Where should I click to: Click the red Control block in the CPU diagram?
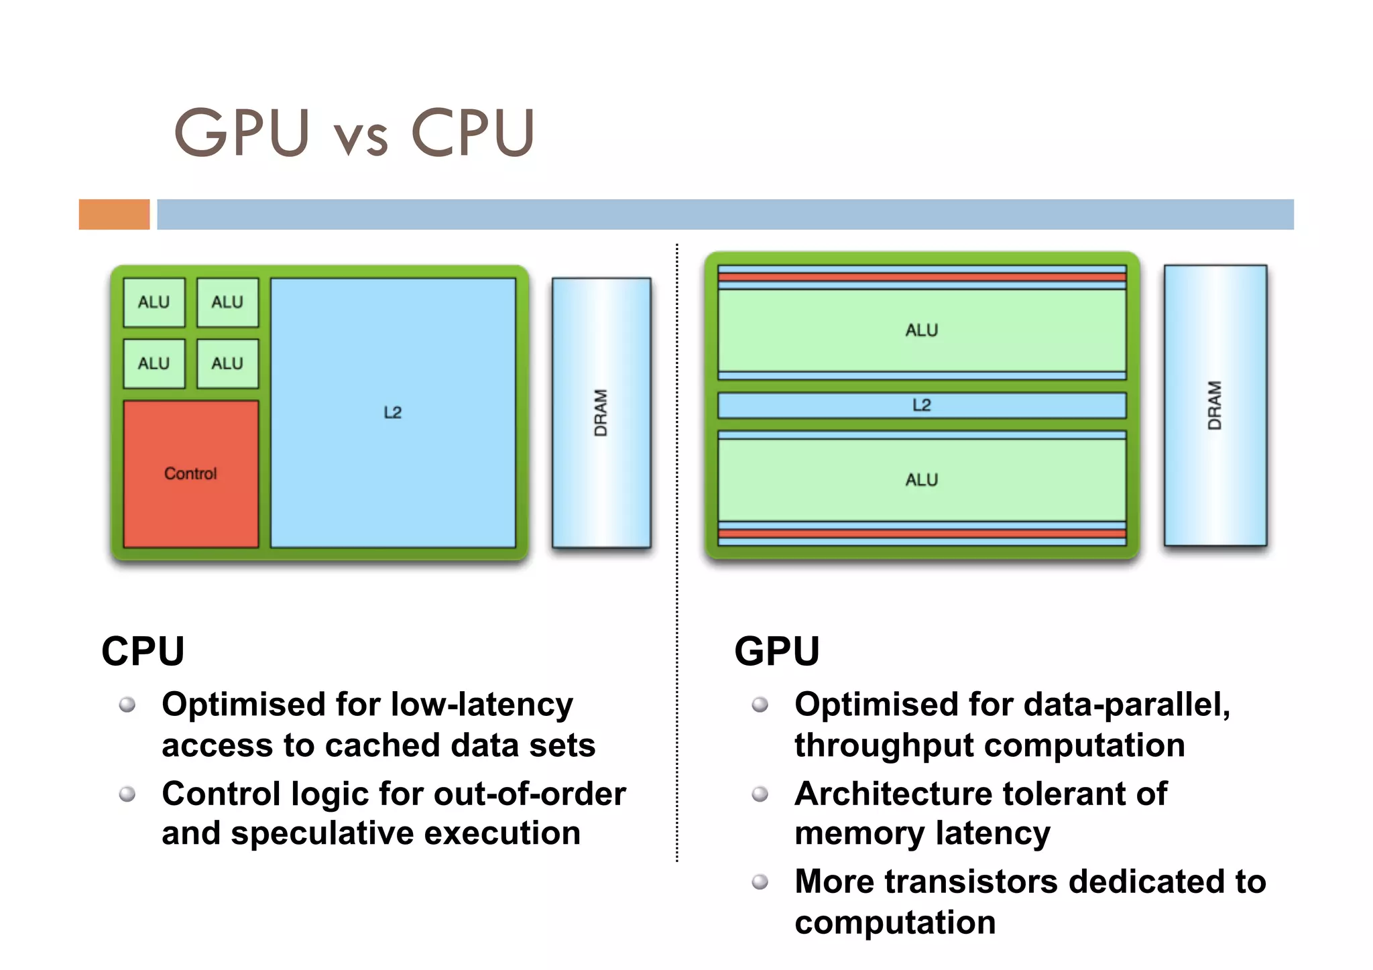pyautogui.click(x=191, y=473)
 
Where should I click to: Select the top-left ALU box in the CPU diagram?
pyautogui.click(x=154, y=302)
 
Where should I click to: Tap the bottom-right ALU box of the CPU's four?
pyautogui.click(x=227, y=363)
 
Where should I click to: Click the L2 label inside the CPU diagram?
pyautogui.click(x=393, y=412)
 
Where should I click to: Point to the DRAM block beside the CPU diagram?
pyautogui.click(x=601, y=412)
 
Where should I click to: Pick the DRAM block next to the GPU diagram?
pyautogui.click(x=1215, y=405)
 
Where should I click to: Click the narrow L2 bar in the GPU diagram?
pyautogui.click(x=922, y=405)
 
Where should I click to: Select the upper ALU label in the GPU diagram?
pyautogui.click(x=922, y=330)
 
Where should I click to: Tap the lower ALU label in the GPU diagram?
pyautogui.click(x=922, y=480)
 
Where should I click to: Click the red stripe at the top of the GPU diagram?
pyautogui.click(x=922, y=277)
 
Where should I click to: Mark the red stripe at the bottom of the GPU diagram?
pyautogui.click(x=922, y=534)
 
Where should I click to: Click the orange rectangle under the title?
pyautogui.click(x=114, y=215)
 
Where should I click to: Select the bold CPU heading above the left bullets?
pyautogui.click(x=143, y=651)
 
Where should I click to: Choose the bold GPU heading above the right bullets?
pyautogui.click(x=777, y=651)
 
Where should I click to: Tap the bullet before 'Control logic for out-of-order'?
pyautogui.click(x=127, y=794)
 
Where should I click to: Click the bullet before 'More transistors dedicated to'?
pyautogui.click(x=760, y=882)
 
